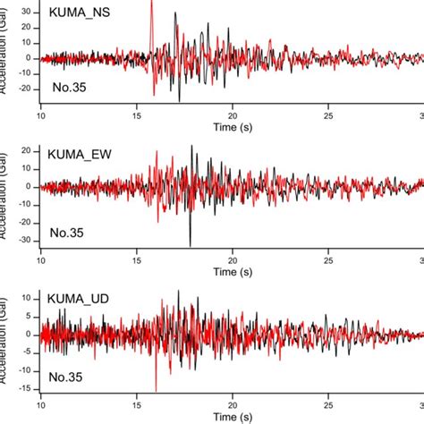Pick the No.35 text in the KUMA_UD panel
click(x=67, y=377)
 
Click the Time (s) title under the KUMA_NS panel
click(x=232, y=129)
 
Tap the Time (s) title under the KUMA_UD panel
click(x=232, y=415)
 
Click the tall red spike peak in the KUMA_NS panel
click(x=151, y=3)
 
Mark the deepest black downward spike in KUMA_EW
click(x=191, y=245)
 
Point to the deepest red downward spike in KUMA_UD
click(x=156, y=390)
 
